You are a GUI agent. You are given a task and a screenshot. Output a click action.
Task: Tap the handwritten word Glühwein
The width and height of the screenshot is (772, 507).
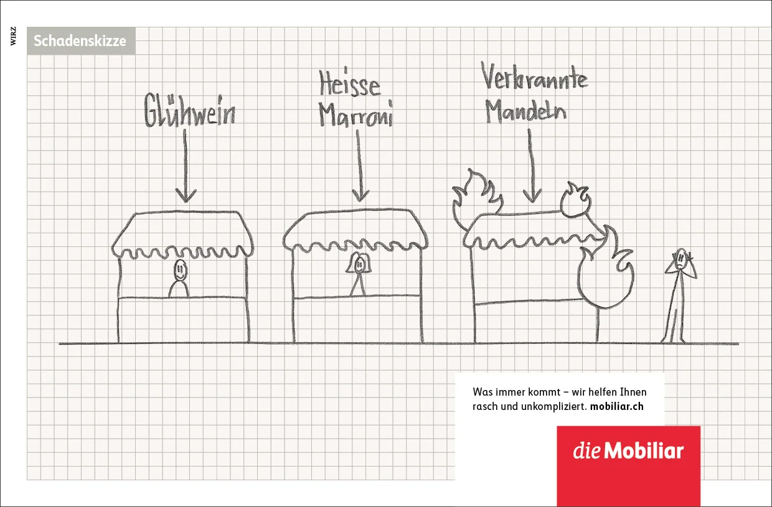190,110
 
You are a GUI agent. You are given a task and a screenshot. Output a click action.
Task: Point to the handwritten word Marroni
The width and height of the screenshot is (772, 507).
355,114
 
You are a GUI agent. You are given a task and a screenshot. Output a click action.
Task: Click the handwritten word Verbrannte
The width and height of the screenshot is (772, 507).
535,77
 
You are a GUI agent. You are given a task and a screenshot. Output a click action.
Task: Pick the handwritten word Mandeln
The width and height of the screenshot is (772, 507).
525,110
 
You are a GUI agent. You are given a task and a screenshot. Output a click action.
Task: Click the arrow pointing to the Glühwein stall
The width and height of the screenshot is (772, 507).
186,165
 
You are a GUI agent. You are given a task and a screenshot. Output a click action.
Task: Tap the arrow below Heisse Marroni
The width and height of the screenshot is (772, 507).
359,165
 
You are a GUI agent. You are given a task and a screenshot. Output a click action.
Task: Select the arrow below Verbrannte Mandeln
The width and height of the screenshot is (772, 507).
532,165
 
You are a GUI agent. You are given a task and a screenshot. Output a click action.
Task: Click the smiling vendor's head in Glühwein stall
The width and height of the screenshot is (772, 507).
181,270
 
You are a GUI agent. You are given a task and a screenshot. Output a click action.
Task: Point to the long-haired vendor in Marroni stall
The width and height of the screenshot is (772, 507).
359,274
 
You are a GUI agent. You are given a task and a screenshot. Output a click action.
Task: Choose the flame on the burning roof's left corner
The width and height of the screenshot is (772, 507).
475,200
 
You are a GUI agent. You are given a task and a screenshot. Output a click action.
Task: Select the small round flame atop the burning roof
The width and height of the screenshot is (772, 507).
575,201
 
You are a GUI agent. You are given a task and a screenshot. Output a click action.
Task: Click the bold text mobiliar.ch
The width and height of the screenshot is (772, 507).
616,406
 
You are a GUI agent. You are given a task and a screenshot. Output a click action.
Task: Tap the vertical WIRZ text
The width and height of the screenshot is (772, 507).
14,36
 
